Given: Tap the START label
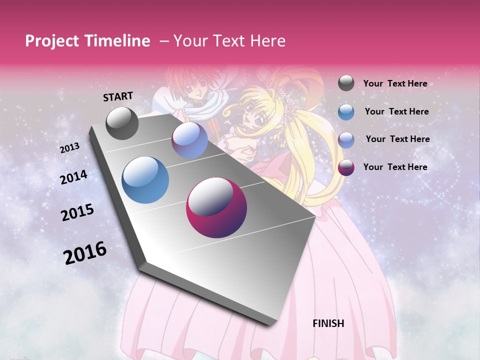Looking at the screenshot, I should click(x=118, y=96).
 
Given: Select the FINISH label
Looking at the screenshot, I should click(x=328, y=323).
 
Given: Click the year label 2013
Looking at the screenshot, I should click(x=69, y=148).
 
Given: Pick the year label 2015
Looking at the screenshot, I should click(x=77, y=212).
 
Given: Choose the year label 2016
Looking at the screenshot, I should click(x=85, y=252).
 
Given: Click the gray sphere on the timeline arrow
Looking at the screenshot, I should click(x=122, y=123).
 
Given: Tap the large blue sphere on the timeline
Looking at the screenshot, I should click(x=145, y=180).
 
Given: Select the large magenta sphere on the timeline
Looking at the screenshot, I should click(x=216, y=207).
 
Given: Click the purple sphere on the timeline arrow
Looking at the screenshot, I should click(x=189, y=140).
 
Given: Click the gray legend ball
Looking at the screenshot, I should click(x=346, y=83).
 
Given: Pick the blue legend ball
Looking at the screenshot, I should click(x=346, y=111).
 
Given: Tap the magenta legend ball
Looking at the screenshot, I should click(x=346, y=167).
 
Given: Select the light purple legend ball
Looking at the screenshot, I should click(x=346, y=139).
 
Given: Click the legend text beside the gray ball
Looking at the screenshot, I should click(x=395, y=83).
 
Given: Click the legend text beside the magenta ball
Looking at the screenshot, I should click(x=395, y=167).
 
